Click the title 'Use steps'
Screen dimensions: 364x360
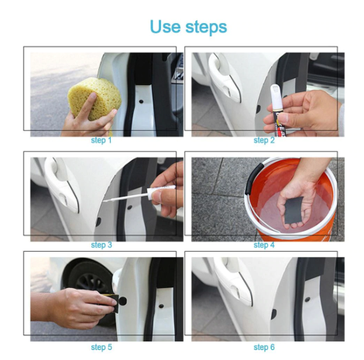tap(188, 26)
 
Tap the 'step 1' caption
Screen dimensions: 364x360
tap(101, 140)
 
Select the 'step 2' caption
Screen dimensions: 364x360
tap(264, 140)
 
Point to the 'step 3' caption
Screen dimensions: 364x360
tap(101, 245)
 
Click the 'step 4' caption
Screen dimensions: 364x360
tap(264, 245)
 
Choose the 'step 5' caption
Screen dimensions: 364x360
tap(101, 347)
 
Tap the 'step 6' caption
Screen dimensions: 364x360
tap(264, 347)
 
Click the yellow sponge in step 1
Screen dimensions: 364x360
tap(94, 99)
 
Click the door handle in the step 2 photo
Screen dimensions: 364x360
tap(225, 77)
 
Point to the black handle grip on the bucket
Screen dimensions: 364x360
tap(251, 179)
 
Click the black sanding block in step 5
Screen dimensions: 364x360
tap(113, 303)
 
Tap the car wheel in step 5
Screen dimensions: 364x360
tap(89, 280)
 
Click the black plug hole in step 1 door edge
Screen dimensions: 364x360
tap(141, 101)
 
